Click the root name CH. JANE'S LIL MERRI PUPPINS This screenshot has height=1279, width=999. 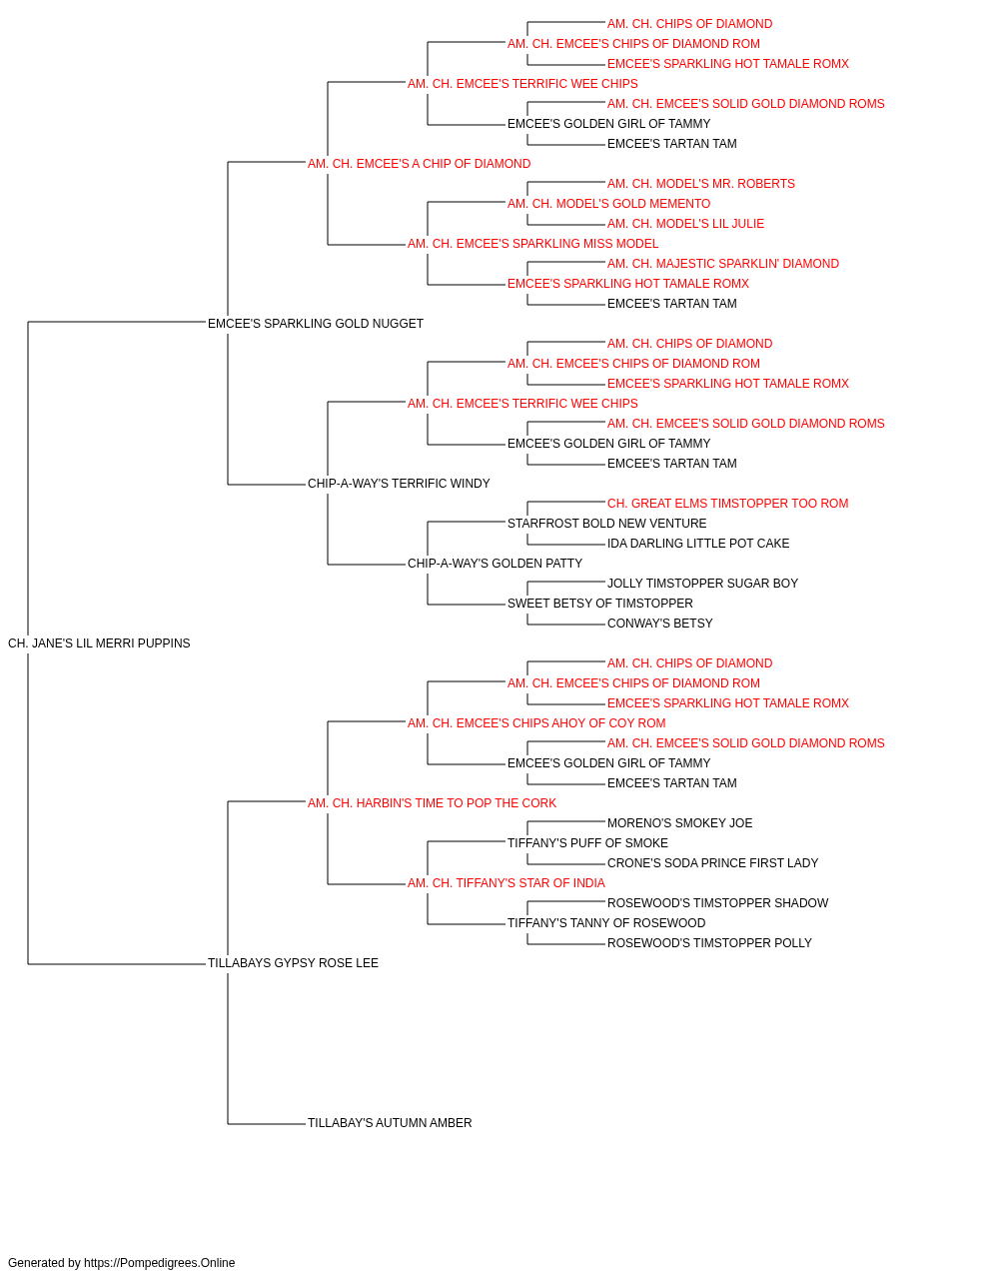(x=99, y=643)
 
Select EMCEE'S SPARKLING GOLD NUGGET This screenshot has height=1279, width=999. (x=316, y=324)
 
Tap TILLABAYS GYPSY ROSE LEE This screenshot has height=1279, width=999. (x=293, y=963)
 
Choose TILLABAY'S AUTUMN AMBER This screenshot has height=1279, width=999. (x=390, y=1123)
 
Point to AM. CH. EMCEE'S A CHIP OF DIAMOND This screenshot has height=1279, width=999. (x=419, y=164)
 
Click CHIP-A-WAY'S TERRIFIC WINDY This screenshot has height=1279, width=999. (x=399, y=484)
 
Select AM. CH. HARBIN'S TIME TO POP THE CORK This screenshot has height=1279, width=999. (x=432, y=803)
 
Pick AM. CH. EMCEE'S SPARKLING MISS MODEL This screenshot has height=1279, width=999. (x=533, y=244)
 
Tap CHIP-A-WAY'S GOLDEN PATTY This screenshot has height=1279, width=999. (x=495, y=564)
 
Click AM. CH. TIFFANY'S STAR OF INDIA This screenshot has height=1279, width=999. (x=505, y=883)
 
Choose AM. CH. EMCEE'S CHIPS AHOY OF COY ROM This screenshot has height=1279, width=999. (x=536, y=723)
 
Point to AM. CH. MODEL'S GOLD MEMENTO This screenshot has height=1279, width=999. (x=609, y=204)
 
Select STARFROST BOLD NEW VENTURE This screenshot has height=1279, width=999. (x=607, y=524)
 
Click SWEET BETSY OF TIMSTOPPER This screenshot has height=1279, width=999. (x=600, y=604)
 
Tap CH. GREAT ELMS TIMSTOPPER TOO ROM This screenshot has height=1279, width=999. (x=728, y=504)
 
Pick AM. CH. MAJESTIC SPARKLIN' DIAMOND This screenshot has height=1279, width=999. (x=723, y=264)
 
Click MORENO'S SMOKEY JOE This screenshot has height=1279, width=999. (x=679, y=823)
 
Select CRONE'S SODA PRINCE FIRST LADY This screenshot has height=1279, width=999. (x=712, y=863)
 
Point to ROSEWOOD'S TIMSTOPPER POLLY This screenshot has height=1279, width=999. (x=709, y=943)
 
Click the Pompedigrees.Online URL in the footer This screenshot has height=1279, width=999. (x=160, y=1263)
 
